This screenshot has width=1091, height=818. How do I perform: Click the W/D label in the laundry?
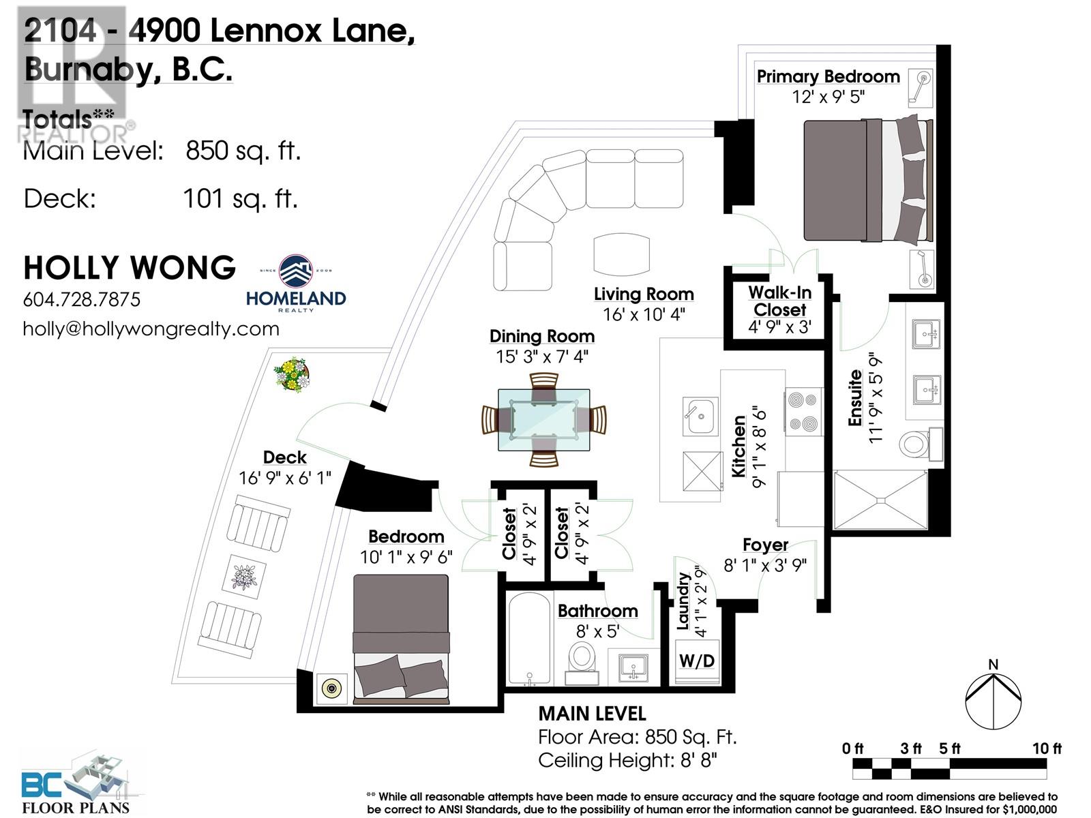pos(697,661)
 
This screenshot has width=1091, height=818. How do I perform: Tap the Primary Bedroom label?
pos(828,76)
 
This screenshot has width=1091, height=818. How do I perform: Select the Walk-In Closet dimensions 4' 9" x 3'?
pos(780,327)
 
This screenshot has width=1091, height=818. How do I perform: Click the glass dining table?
pos(543,420)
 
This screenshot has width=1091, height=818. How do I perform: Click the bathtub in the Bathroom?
pos(530,638)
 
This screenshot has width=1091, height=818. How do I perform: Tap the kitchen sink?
pos(700,416)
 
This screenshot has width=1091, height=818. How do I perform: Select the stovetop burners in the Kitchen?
pos(803,411)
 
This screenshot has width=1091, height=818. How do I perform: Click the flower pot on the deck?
pos(293,374)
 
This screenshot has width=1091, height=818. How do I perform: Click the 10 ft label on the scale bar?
pos(1046,748)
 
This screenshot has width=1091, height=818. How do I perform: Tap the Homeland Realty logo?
pos(296,284)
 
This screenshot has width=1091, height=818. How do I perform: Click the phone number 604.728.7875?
pos(82,299)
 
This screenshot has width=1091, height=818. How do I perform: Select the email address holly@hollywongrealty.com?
pos(151,329)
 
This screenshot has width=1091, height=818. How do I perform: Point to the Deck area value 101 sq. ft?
pos(241,198)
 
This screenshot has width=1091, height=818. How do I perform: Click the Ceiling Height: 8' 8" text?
pos(627,760)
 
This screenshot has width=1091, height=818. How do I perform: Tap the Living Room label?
pos(644,294)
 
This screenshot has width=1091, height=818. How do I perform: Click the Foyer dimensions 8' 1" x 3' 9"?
pos(765,565)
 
